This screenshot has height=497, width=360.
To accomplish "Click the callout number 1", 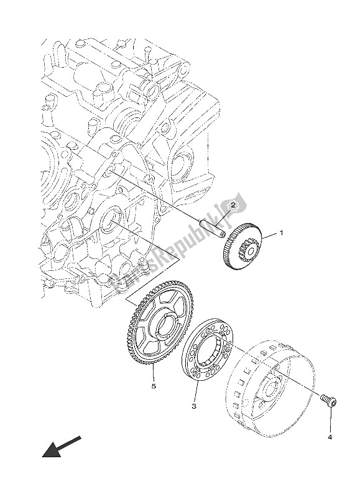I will pyautogui.click(x=280, y=234).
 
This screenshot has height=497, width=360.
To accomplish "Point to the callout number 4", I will pyautogui.click(x=330, y=437).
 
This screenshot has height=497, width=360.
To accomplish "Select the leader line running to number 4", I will pyautogui.click(x=330, y=422).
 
